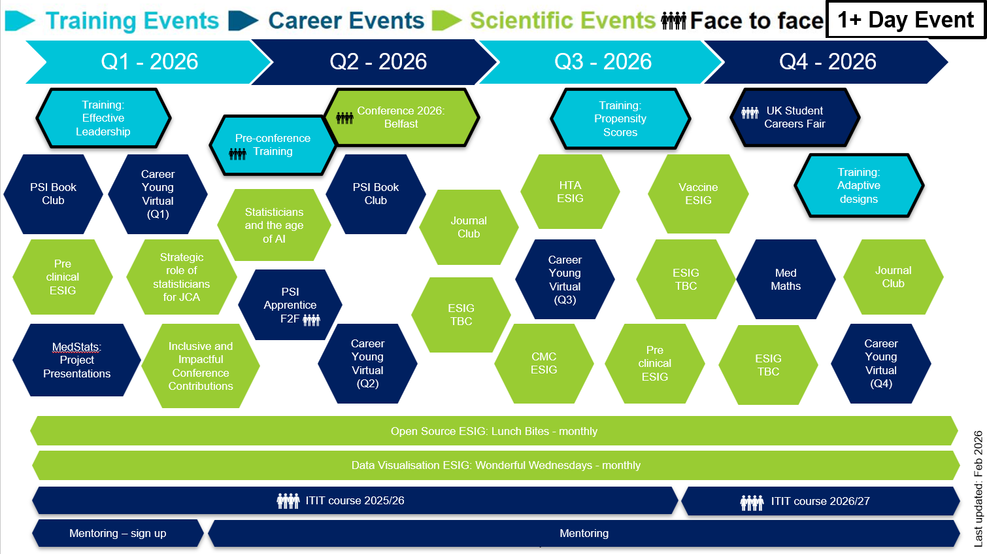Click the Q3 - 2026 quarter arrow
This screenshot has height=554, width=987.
[603, 61]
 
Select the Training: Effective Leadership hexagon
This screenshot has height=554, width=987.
[103, 118]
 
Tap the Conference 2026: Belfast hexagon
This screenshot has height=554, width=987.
[401, 118]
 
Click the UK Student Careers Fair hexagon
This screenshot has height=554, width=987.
[794, 118]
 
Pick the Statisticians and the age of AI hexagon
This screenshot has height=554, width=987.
[274, 226]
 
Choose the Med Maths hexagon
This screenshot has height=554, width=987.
[786, 280]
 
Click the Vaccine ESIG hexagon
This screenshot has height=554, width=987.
[698, 194]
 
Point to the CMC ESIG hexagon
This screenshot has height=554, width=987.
[544, 364]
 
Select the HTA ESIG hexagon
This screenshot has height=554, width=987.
[570, 192]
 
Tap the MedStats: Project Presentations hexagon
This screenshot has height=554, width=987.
[76, 360]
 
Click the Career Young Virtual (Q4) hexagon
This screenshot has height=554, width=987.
[880, 364]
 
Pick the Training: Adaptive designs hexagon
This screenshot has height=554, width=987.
[858, 186]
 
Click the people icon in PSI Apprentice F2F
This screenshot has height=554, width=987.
[312, 320]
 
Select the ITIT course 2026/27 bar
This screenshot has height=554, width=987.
[820, 502]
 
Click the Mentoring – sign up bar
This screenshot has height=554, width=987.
[118, 534]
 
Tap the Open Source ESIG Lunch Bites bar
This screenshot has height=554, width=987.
[494, 432]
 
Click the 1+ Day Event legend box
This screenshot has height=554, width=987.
[906, 20]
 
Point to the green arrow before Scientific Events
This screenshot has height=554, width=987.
[446, 20]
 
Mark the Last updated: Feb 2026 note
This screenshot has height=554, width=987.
[978, 488]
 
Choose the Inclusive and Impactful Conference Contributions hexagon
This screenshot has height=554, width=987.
[201, 366]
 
